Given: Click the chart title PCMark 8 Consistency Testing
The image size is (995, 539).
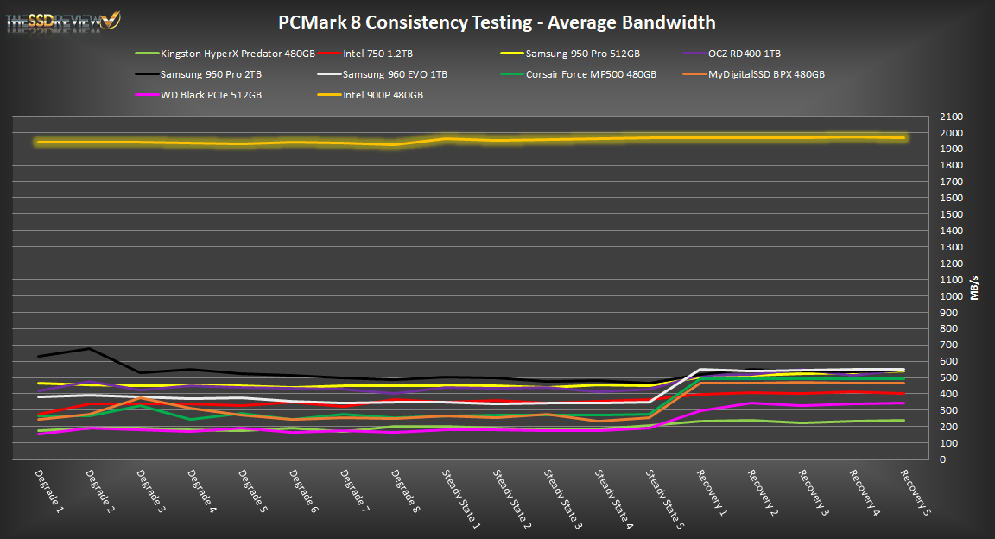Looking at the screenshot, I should [x=497, y=22].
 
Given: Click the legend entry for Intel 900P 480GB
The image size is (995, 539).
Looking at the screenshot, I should [x=383, y=95].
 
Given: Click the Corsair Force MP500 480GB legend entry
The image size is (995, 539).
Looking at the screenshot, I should [x=591, y=74].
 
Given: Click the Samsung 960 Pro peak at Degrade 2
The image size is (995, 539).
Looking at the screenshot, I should [x=89, y=349].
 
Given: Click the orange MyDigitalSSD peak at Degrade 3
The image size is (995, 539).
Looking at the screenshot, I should [x=140, y=398].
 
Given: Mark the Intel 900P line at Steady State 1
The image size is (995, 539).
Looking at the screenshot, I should [x=446, y=139].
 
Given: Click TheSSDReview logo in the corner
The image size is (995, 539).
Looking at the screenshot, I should [x=63, y=21].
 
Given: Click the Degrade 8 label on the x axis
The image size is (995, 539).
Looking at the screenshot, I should [x=403, y=489].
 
